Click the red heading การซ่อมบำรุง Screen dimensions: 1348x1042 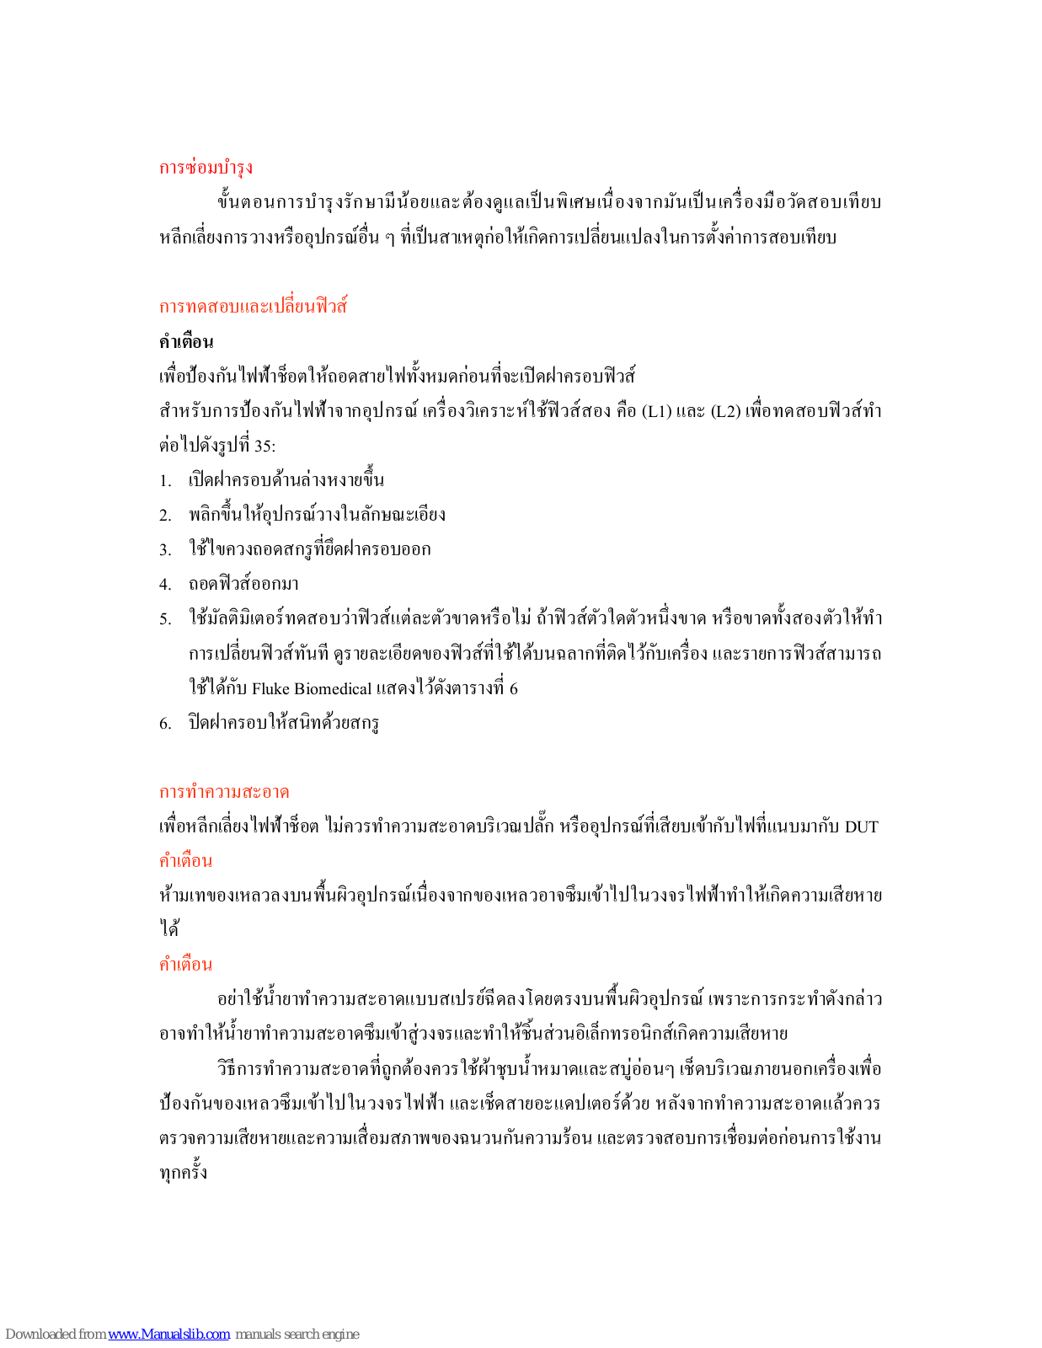(206, 168)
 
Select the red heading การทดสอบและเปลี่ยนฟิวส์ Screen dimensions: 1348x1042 (254, 306)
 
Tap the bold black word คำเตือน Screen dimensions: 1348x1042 (186, 341)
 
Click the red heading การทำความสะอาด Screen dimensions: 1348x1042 (224, 792)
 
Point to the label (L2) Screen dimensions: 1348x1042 (725, 411)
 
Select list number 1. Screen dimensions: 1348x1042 (165, 481)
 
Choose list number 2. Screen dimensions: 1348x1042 (165, 516)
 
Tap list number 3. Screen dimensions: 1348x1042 (165, 550)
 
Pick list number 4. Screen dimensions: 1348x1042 (165, 585)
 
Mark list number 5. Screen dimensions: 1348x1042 (165, 619)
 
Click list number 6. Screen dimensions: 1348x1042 (165, 723)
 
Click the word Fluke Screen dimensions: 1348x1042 (270, 689)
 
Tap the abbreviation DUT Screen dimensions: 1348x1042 (861, 826)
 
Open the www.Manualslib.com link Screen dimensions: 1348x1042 (168, 1334)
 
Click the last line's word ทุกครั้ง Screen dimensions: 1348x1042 (183, 1173)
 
